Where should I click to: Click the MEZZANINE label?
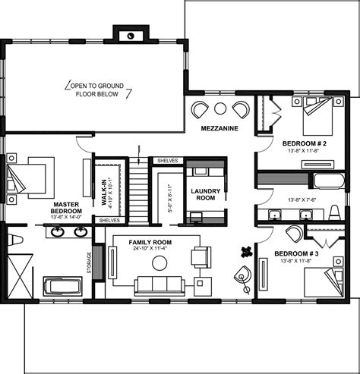point(219,129)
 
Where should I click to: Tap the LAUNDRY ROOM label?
point(205,194)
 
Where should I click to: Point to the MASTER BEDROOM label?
point(66,209)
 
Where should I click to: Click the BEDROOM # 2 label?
point(304,143)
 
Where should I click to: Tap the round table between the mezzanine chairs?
point(219,108)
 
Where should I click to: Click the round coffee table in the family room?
point(159,262)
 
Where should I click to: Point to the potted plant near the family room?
point(245,253)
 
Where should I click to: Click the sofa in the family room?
point(159,287)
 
